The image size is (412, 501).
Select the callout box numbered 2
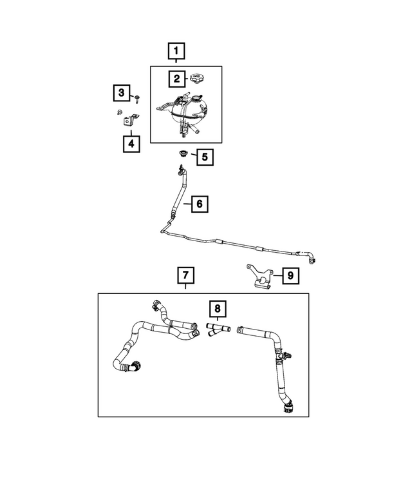click(x=175, y=79)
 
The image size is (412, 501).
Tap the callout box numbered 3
click(x=120, y=93)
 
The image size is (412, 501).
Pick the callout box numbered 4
click(x=131, y=143)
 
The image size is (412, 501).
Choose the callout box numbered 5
click(x=203, y=157)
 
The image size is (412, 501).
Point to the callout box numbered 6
click(x=199, y=204)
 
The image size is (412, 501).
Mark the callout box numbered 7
click(x=184, y=277)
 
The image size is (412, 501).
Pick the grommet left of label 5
click(x=182, y=155)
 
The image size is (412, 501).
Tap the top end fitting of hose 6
click(x=180, y=171)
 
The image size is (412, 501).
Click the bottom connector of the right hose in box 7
click(x=286, y=406)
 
